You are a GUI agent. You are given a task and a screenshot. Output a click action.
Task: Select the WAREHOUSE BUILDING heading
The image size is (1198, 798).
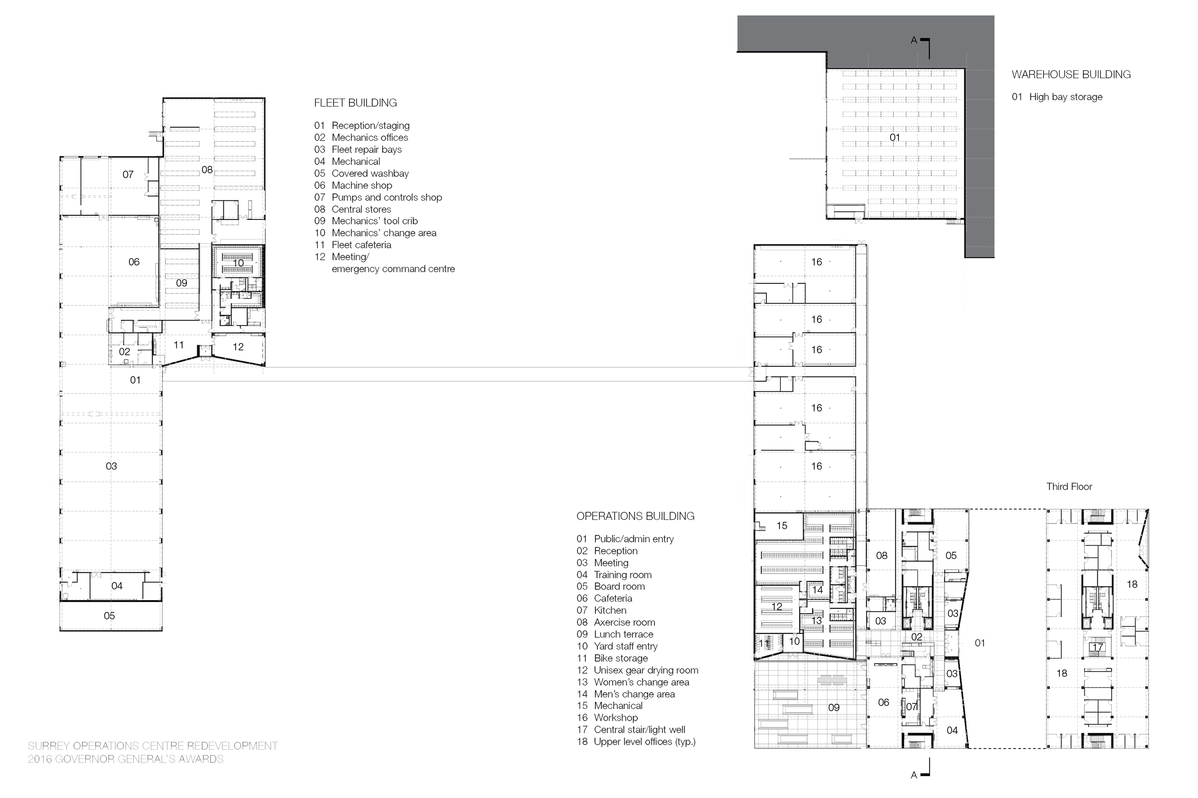coord(1071,74)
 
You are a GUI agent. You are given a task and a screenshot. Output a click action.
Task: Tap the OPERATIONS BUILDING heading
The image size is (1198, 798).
coord(635,516)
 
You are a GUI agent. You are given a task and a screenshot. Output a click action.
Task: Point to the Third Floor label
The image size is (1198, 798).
coord(1069,487)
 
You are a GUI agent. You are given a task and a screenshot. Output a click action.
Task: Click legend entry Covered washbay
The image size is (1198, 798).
coord(370,174)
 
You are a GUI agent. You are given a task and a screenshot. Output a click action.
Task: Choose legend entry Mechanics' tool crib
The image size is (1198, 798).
coord(374,221)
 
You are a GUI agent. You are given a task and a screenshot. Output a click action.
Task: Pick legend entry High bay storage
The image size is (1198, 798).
coord(1066,97)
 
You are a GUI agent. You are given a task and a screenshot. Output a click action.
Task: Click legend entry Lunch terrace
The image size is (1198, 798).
coord(623,634)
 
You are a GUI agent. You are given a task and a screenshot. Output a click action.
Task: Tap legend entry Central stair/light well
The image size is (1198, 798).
coord(639,729)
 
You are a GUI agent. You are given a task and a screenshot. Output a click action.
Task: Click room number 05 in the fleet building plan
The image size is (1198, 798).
coord(109,616)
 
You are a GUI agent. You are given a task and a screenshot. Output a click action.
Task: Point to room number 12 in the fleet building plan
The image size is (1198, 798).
coord(238,347)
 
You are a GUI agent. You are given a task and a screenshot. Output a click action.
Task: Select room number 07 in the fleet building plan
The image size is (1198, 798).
coord(128,175)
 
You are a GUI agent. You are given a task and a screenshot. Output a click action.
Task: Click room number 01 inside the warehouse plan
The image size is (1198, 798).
coord(894,138)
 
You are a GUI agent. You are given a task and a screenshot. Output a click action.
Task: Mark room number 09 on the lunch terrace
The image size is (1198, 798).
coord(834,707)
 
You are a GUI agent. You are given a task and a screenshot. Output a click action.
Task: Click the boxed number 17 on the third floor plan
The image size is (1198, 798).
coord(1097,648)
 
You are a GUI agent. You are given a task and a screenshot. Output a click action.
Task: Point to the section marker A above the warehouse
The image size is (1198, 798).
coord(914,40)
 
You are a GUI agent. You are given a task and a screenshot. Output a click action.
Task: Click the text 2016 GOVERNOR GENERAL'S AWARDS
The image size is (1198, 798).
coord(125,759)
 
